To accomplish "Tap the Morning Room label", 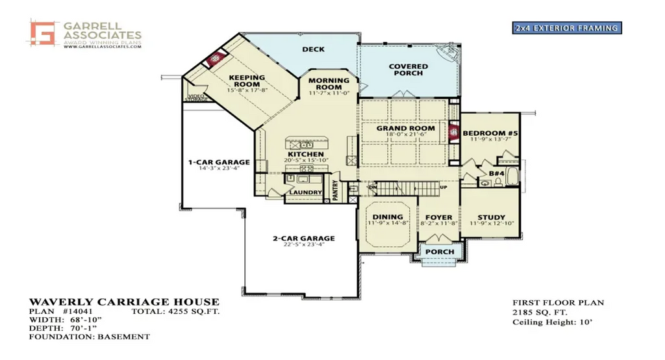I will (x=329, y=84).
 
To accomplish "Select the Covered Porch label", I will (x=408, y=70).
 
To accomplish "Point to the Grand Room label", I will (x=406, y=129).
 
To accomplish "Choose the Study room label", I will (x=492, y=218).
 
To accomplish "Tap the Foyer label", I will (x=439, y=217).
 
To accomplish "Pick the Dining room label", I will (x=388, y=217).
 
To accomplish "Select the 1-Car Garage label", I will (x=219, y=162).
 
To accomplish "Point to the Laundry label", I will (x=306, y=193).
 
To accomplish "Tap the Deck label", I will (x=314, y=49).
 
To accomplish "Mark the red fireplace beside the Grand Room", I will (x=454, y=131).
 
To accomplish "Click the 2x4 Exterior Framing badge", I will (x=566, y=28).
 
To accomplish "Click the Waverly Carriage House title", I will (x=124, y=302).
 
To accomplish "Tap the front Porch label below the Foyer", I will (x=440, y=252).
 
